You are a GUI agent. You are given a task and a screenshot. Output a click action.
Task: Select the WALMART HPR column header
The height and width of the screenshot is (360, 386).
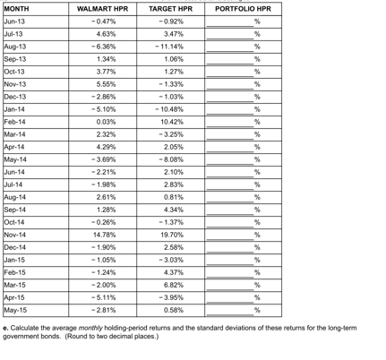(104, 8)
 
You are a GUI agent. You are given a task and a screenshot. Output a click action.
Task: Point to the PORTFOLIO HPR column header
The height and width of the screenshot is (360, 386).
(243, 8)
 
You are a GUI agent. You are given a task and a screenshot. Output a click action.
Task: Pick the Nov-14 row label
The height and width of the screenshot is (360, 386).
(15, 234)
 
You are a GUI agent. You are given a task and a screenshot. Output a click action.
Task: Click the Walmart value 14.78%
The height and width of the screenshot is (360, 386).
(106, 234)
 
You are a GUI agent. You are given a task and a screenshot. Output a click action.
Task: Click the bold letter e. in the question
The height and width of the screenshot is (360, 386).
(6, 329)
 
